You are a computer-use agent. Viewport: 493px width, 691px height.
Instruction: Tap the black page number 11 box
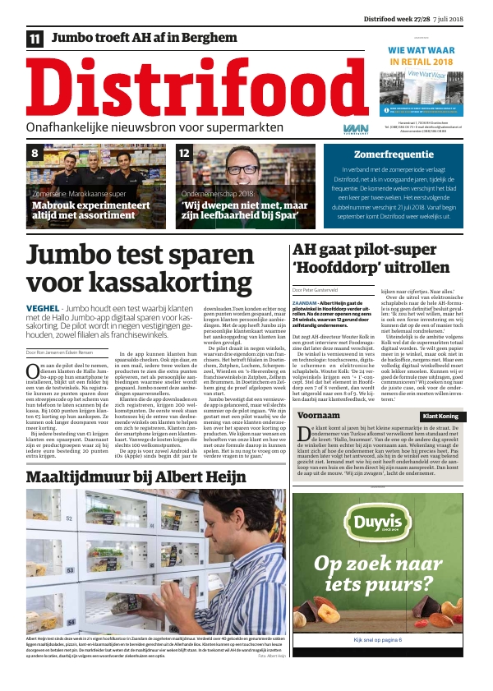click(35, 39)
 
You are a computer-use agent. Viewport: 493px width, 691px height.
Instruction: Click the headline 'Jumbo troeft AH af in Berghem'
click(144, 38)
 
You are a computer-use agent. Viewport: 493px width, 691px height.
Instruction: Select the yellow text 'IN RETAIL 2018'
click(421, 62)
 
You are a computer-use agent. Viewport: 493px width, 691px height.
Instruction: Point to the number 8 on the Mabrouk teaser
click(35, 154)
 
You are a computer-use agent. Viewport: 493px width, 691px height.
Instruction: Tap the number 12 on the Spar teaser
click(185, 154)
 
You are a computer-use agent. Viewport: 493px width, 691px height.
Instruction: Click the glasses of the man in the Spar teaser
click(244, 170)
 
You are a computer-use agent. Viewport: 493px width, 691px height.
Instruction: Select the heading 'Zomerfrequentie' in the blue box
click(393, 154)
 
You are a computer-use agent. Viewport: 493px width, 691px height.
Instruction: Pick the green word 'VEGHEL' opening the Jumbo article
click(43, 308)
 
